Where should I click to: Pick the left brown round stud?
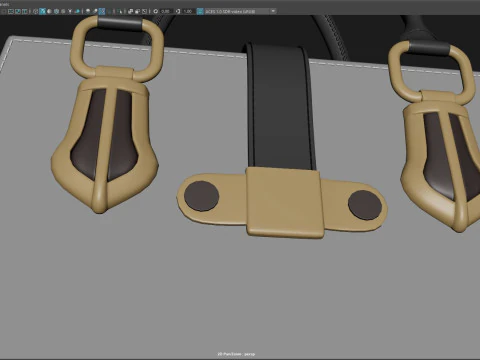(204, 195)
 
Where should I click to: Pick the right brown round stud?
(364, 205)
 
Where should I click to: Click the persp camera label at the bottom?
(240, 354)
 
